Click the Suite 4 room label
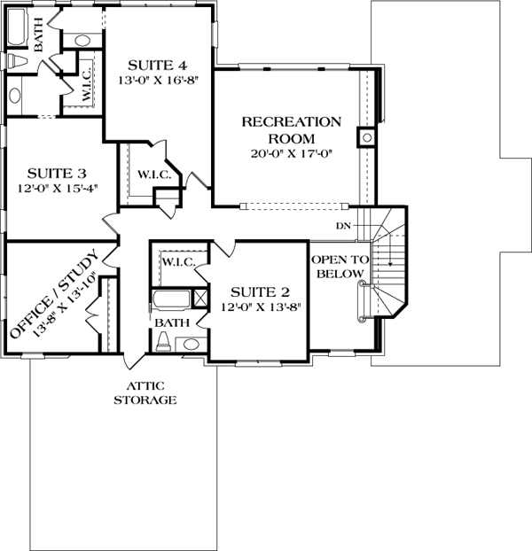click(x=157, y=66)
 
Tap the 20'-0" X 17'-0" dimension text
click(x=292, y=154)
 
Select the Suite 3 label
click(x=57, y=174)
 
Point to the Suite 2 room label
click(x=260, y=292)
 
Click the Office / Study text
click(x=53, y=293)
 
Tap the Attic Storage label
click(x=145, y=393)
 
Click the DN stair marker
click(x=343, y=226)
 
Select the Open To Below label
click(x=340, y=267)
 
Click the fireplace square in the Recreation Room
click(x=367, y=137)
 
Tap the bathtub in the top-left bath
click(x=17, y=27)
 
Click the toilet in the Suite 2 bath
click(x=163, y=343)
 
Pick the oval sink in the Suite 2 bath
click(x=191, y=345)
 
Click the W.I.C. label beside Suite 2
click(x=178, y=262)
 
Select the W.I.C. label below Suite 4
click(x=153, y=175)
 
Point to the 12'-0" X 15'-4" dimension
click(x=58, y=189)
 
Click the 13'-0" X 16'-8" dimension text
click(x=158, y=81)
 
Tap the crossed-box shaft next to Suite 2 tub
click(x=201, y=299)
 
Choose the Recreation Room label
click(x=292, y=130)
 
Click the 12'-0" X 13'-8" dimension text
click(x=262, y=307)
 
